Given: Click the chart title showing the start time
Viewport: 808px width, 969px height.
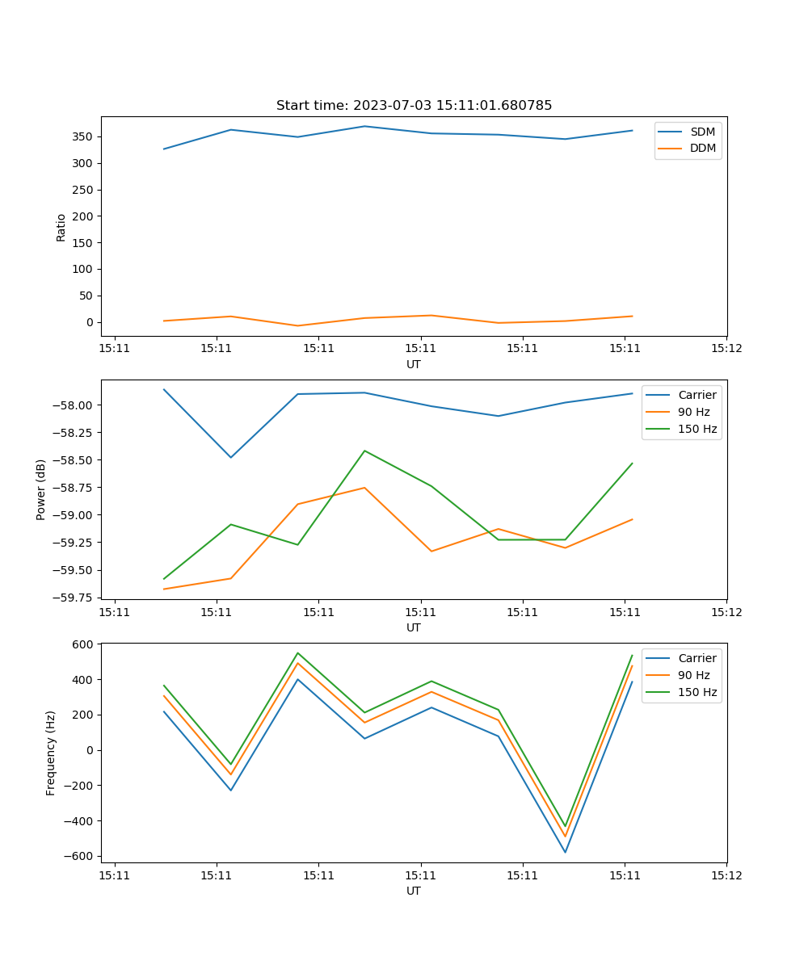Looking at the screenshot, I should pyautogui.click(x=414, y=106).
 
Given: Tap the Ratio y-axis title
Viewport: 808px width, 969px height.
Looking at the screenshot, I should pyautogui.click(x=61, y=227).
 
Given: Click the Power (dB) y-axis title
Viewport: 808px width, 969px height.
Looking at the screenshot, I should pyautogui.click(x=41, y=489).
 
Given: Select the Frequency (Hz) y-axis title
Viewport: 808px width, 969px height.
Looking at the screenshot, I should pyautogui.click(x=51, y=753).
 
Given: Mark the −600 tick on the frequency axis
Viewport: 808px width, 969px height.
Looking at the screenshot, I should pyautogui.click(x=81, y=856).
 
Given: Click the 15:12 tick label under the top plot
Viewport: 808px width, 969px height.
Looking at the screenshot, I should pyautogui.click(x=726, y=349).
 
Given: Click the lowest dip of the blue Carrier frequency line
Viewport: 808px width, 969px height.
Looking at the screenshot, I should pyautogui.click(x=565, y=852).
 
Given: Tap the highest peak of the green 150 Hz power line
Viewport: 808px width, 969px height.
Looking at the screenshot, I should pyautogui.click(x=364, y=451).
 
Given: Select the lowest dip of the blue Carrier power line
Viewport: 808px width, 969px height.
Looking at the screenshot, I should pyautogui.click(x=231, y=457).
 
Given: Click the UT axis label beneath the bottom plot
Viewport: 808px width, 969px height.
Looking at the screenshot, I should pyautogui.click(x=414, y=891).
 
